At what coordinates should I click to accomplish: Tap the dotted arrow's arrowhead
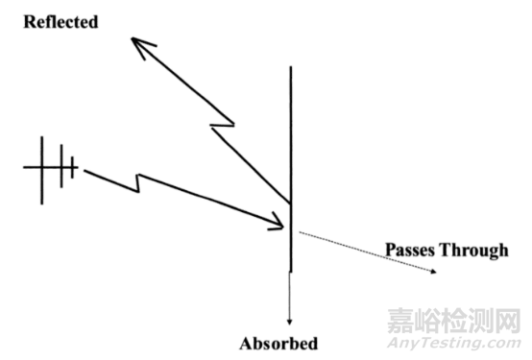(437, 272)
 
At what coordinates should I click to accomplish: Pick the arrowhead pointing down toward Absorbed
(290, 321)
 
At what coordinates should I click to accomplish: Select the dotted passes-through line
(365, 252)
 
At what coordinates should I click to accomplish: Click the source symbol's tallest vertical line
(41, 169)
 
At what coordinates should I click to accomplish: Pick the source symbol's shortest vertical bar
(73, 169)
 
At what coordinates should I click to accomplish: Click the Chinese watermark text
(455, 319)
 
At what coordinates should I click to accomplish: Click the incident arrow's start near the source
(86, 171)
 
